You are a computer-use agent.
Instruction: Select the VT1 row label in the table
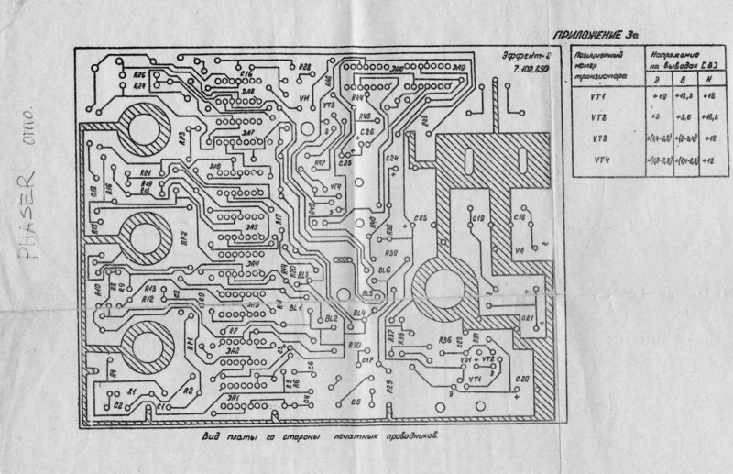click(600, 95)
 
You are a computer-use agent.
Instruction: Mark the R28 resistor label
click(305, 67)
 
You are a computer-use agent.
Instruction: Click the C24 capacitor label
click(392, 159)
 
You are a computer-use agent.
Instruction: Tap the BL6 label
click(384, 270)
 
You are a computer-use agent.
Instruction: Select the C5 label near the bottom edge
click(356, 402)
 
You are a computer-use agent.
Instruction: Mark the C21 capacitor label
click(529, 317)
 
